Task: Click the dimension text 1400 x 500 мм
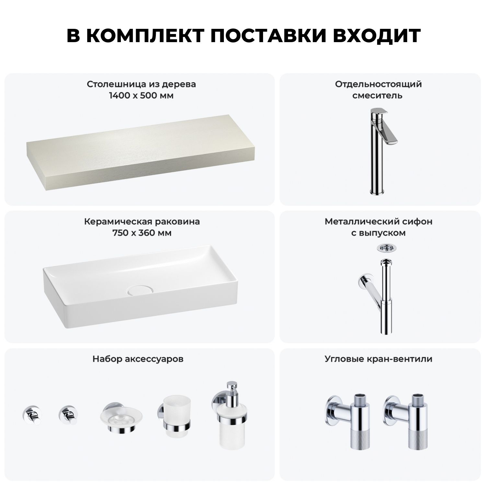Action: tap(141, 96)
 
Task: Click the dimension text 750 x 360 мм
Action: tap(142, 233)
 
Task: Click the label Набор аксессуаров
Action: tap(138, 359)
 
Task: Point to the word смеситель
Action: tap(377, 96)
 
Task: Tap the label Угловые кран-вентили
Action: tap(378, 359)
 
